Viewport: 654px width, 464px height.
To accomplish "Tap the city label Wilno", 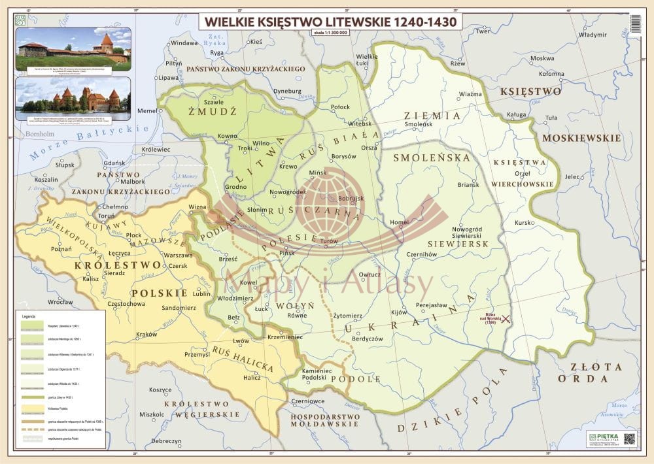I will point(261,142).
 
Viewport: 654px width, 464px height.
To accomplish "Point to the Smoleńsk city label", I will point(419,124).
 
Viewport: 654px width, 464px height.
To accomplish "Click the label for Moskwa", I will point(542,58).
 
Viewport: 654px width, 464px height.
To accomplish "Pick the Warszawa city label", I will point(178,255).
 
